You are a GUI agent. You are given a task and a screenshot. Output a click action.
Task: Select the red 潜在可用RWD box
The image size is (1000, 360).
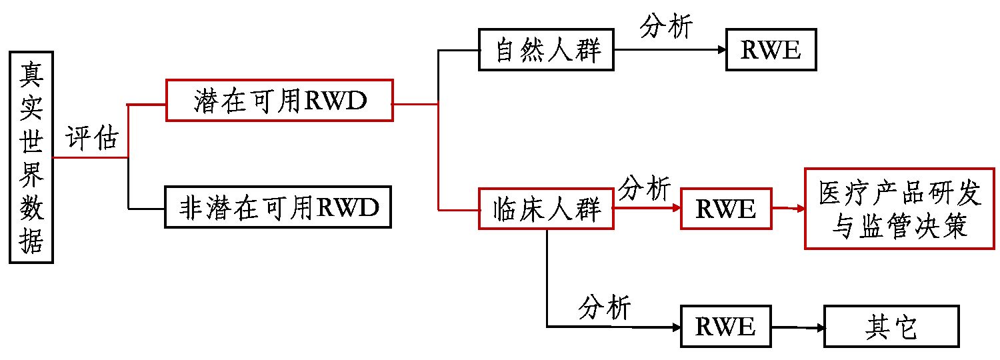279,100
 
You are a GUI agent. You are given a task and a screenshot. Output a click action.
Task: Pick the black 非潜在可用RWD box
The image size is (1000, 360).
279,208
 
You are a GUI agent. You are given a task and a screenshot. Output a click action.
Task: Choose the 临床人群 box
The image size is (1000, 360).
546,209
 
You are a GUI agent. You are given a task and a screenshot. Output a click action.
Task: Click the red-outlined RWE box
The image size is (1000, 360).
725,209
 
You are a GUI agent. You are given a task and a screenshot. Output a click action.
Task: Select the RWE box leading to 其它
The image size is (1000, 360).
725,327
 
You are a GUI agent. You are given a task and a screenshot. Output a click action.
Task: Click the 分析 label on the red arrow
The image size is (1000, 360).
644,189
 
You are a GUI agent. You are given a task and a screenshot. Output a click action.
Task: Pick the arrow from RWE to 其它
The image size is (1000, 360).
797,327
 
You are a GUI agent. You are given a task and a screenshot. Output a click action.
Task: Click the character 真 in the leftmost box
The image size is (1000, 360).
31,71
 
